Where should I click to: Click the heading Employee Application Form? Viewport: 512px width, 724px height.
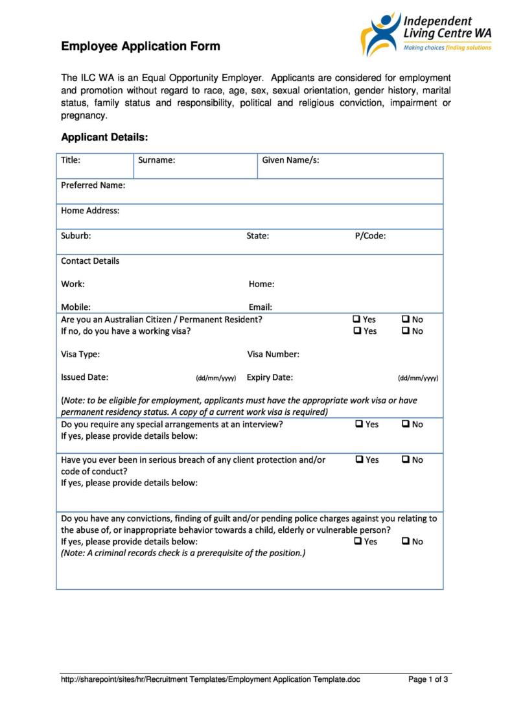coord(141,46)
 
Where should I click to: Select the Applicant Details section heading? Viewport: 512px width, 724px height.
coord(104,137)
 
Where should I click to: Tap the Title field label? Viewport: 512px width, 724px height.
coord(71,160)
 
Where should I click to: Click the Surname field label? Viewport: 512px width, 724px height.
coord(156,160)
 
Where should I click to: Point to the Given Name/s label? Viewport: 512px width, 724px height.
coord(290,160)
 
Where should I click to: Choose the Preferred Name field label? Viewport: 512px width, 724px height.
coord(93,185)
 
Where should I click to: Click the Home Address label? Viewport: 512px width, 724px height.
coord(90,211)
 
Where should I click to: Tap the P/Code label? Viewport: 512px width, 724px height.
coord(370,236)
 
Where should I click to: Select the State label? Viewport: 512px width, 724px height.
coord(257,236)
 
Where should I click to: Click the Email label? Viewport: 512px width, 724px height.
coord(260,307)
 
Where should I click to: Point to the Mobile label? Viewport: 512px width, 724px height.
coord(75,307)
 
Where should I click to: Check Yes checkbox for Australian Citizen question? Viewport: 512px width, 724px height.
coord(356,319)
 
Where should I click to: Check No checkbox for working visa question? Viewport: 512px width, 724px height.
coord(405,331)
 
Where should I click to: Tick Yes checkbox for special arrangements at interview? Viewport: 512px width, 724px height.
coord(359,424)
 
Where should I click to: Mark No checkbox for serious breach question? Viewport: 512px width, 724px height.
coord(405,459)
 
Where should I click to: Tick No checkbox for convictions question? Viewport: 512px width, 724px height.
coord(405,541)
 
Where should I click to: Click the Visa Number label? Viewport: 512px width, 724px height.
coord(273,355)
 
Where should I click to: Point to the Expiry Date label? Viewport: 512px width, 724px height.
coord(270,377)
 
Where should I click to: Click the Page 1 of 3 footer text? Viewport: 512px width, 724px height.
coord(428,679)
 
